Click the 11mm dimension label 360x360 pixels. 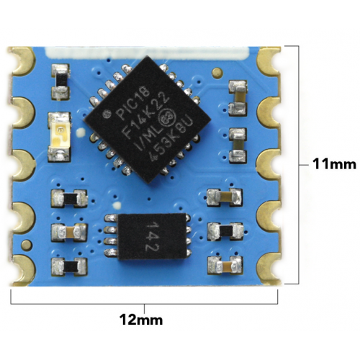pyautogui.click(x=334, y=165)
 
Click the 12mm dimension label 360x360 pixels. pyautogui.click(x=141, y=320)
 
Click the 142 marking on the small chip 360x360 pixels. pyautogui.click(x=153, y=236)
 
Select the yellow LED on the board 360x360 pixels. pyautogui.click(x=60, y=137)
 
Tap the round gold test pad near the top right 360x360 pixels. pyautogui.click(x=217, y=73)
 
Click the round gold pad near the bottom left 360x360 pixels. pyautogui.click(x=27, y=245)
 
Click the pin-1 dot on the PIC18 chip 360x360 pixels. pyautogui.click(x=106, y=114)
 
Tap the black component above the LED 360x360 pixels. pyautogui.click(x=60, y=81)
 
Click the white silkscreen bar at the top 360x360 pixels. pyautogui.click(x=147, y=53)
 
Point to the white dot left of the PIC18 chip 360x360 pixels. pyautogui.click(x=80, y=132)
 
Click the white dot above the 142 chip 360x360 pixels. pyautogui.click(x=117, y=206)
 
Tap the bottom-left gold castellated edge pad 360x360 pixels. pyautogui.click(x=24, y=270)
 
